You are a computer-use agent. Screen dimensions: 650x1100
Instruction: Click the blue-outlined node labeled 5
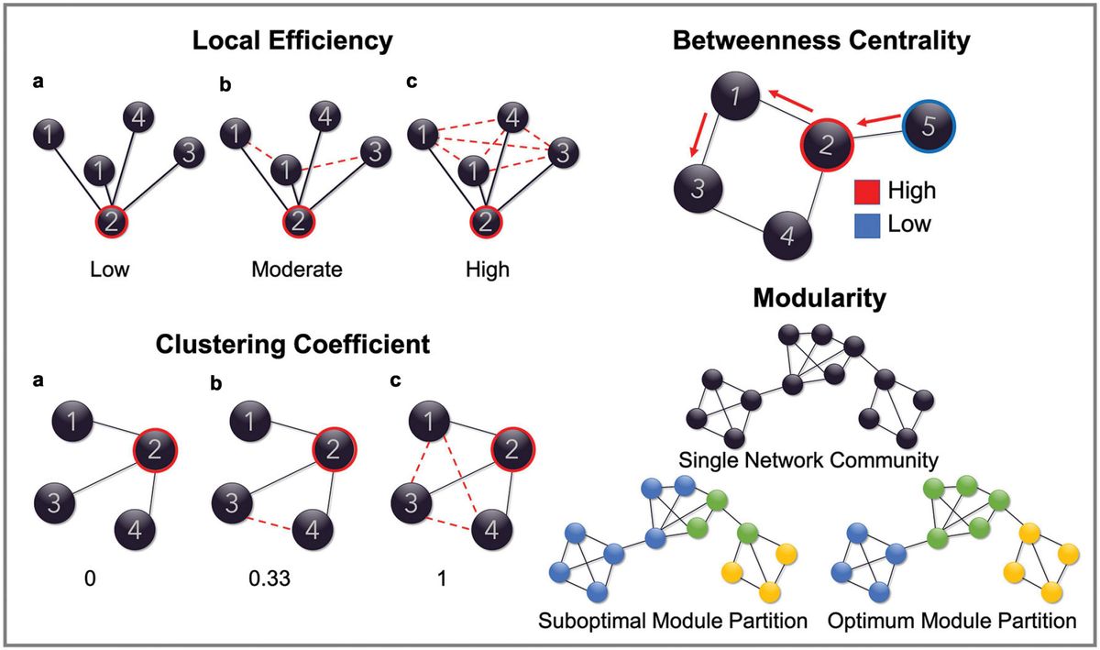pos(928,127)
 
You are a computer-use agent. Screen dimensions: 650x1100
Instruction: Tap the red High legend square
pos(863,192)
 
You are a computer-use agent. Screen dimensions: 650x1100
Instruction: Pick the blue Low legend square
pos(863,223)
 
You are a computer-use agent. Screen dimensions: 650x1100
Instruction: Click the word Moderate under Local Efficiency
pos(297,270)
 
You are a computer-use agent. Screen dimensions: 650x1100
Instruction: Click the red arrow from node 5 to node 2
pos(878,120)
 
